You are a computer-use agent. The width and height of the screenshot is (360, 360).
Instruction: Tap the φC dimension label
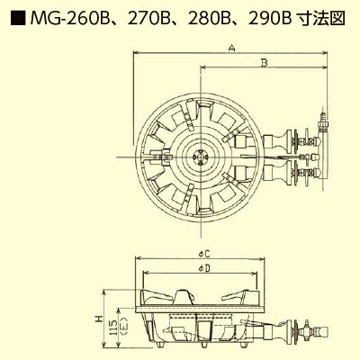[x=205, y=255]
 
